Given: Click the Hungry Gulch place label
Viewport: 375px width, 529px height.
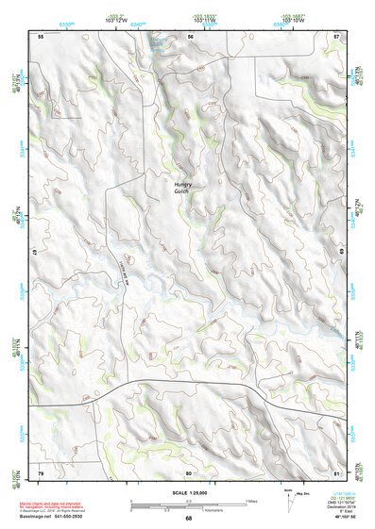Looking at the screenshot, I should coord(181,188).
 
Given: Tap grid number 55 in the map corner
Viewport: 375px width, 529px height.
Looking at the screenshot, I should coord(41,36).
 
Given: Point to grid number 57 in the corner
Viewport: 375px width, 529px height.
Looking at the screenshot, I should coord(337,36).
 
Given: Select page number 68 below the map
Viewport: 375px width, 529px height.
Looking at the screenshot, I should coord(188,519).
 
